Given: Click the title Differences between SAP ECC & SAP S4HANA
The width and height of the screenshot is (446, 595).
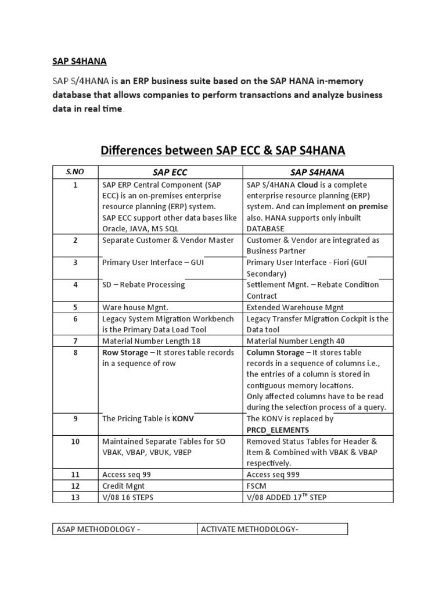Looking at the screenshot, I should coord(223,151).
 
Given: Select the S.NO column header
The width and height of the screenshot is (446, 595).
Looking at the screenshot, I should coord(75,172).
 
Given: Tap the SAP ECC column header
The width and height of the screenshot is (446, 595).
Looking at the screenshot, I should coord(170,172).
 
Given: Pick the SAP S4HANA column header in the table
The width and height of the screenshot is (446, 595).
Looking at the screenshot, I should coord(317,172).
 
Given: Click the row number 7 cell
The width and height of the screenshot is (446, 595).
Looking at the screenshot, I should coord(75,341).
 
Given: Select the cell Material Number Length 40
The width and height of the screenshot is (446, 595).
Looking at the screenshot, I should coord(296,341).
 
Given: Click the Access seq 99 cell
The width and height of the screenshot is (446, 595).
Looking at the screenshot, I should coord(127,475).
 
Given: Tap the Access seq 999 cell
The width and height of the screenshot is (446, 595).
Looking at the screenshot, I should coord(273,475).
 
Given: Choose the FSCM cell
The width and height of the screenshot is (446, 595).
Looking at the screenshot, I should coord(258,486).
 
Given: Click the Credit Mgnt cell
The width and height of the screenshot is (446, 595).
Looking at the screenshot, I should coord(124,486).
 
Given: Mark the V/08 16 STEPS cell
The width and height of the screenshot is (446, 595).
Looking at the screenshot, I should coord(128,497).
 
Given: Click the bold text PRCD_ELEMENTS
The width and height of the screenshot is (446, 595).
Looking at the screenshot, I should coord(278,430).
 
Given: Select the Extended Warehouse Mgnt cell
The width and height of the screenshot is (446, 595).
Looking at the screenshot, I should coord(295,307).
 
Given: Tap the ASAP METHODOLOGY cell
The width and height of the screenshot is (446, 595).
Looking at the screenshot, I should coord(98,528).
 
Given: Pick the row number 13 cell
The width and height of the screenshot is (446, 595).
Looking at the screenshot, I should coord(75,497).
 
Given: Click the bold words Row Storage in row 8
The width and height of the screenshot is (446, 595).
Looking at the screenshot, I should coord(123,353).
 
